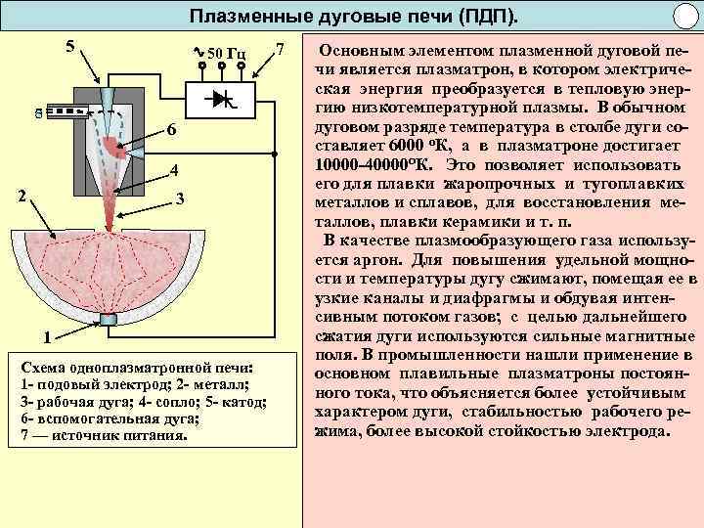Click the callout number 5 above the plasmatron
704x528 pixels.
(68, 45)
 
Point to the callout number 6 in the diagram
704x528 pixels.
(170, 131)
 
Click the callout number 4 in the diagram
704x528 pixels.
(172, 172)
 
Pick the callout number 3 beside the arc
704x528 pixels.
(180, 199)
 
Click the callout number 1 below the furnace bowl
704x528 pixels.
(46, 338)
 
